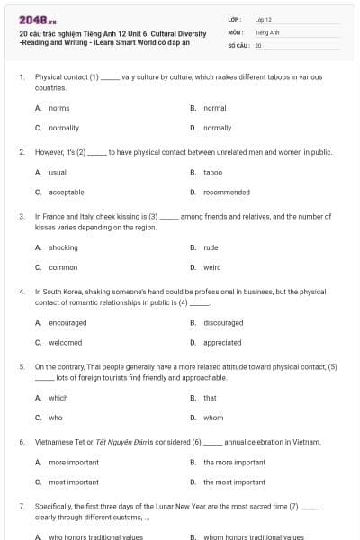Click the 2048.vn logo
[32, 20]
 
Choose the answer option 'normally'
[217, 128]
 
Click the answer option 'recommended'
[226, 192]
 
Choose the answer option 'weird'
[211, 267]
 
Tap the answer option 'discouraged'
[223, 322]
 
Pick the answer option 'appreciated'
[222, 342]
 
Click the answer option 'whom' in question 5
[212, 417]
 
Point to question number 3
[22, 217]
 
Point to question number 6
[22, 442]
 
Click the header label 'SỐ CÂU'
[238, 44]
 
